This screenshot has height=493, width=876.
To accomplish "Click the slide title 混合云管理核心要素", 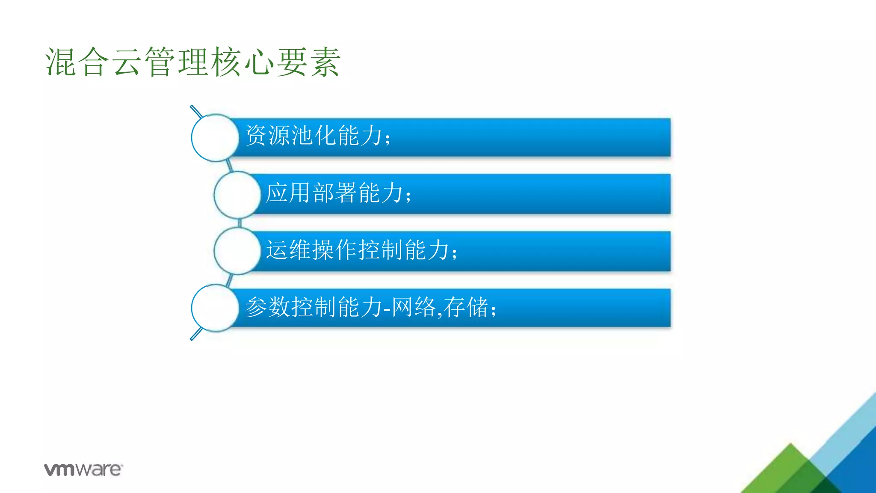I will click(192, 62).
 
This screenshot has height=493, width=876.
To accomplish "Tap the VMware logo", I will click(83, 469).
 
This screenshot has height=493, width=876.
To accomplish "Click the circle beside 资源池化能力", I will click(215, 138).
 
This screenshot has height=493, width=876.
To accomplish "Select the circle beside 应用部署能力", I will click(237, 195).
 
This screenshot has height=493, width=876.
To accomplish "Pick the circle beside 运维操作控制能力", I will click(237, 251).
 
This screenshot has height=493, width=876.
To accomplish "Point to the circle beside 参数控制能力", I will click(215, 308).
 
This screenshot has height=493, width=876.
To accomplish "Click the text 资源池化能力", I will click(314, 136).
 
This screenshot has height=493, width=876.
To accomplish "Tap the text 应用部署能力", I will click(335, 193).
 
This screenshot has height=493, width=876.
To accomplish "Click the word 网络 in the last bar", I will click(414, 307).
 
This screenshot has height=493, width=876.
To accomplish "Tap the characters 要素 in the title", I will click(308, 62).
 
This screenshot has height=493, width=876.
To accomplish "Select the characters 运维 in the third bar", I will click(289, 250).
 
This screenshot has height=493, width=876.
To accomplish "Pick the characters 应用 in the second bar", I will click(289, 193).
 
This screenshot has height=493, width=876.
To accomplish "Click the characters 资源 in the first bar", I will click(269, 136).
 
